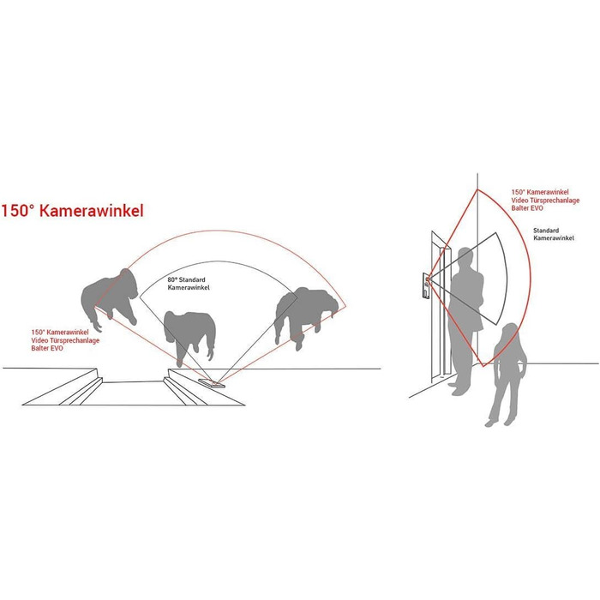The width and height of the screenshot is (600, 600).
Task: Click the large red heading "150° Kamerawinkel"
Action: tap(72, 211)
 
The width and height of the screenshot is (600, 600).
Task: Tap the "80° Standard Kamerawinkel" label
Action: tap(189, 284)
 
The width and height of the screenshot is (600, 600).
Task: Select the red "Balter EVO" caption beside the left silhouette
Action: tap(47, 348)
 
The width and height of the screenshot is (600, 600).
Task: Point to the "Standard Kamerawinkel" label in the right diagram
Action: tap(554, 234)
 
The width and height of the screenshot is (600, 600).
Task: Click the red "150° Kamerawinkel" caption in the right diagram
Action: tap(540, 192)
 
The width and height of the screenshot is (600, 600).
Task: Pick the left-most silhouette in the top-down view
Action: tap(110, 299)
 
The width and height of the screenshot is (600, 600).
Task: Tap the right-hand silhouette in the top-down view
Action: tap(306, 315)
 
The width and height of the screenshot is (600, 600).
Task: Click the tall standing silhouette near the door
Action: tap(465, 321)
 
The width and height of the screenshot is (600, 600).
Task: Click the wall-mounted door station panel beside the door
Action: tap(426, 285)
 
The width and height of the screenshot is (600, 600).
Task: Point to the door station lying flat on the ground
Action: tap(212, 383)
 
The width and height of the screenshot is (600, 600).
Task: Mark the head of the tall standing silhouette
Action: tap(466, 257)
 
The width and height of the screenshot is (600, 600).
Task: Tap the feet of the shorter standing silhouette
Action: tap(499, 423)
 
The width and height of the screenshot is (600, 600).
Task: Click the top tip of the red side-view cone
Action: tap(477, 189)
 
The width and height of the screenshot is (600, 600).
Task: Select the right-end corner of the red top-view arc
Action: tap(346, 306)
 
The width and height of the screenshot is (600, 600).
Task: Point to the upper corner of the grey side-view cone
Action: tap(496, 232)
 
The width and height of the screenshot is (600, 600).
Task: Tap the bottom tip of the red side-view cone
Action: tap(483, 367)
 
